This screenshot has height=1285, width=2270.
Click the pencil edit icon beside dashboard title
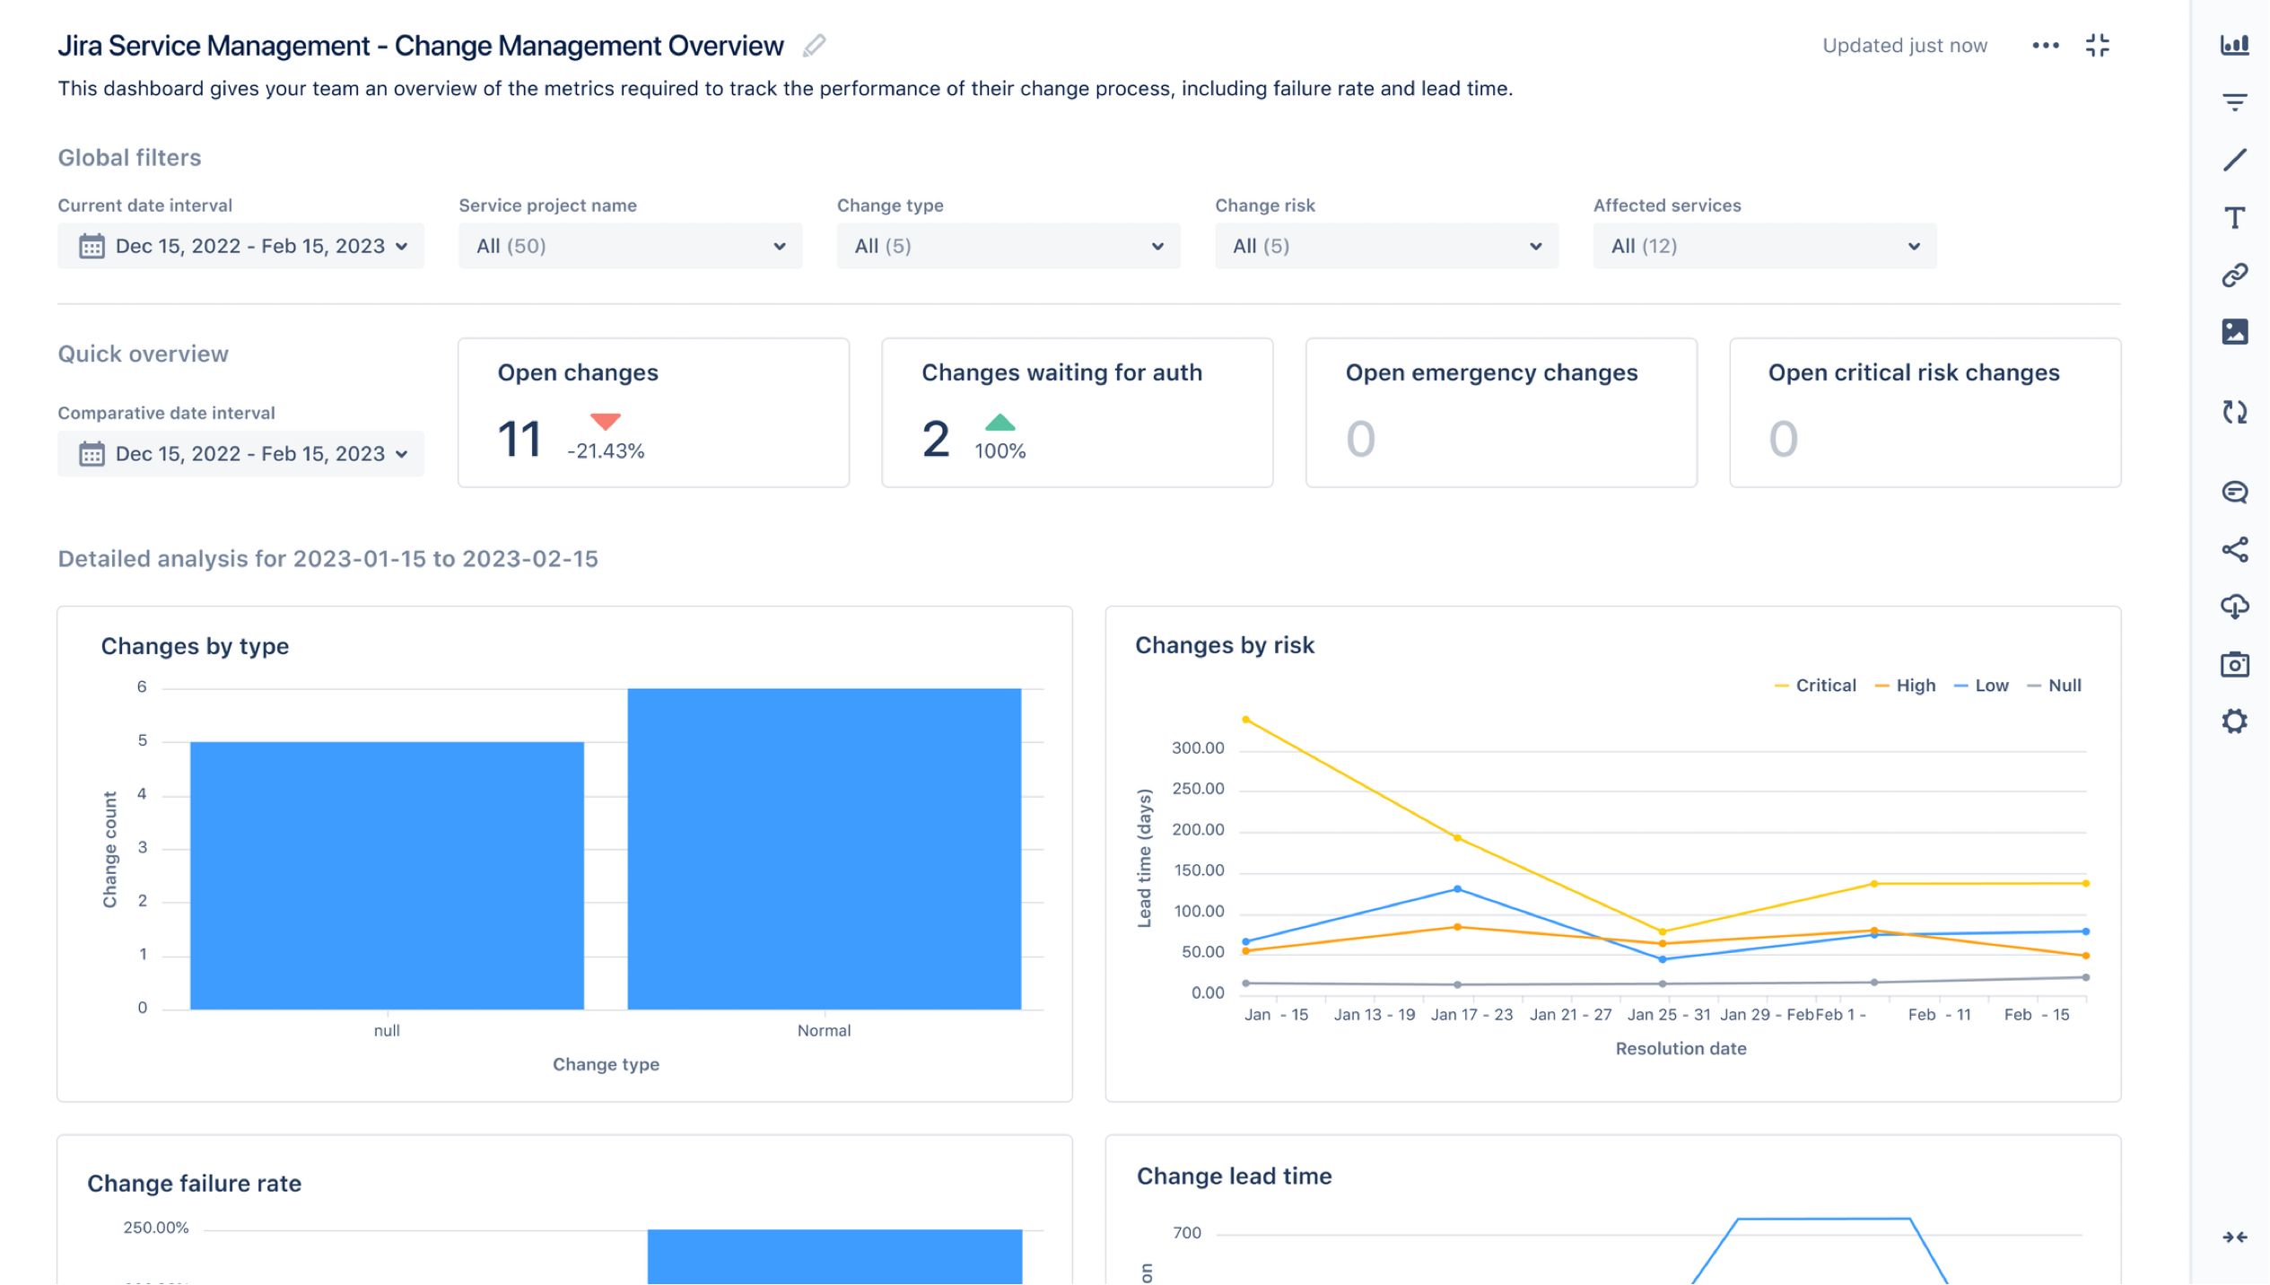click(814, 46)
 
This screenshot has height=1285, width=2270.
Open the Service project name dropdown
click(630, 246)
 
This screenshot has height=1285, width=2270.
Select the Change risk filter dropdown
click(1385, 246)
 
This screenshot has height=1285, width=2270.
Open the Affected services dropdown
click(1763, 246)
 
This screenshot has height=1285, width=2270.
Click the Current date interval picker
click(240, 246)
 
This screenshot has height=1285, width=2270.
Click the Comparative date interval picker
click(240, 454)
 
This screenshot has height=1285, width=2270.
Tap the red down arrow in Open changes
click(606, 421)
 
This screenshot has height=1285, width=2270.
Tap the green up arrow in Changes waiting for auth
click(1000, 423)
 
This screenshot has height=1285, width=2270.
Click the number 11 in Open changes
click(519, 440)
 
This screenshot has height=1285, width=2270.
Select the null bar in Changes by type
click(387, 875)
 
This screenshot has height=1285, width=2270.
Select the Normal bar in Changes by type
click(824, 848)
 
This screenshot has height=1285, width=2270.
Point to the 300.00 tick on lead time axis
click(1197, 748)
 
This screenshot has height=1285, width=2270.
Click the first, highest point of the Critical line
click(1245, 720)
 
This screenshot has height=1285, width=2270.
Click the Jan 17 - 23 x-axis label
click(1471, 1015)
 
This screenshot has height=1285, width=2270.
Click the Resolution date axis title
click(1681, 1048)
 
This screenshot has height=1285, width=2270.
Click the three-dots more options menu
click(2045, 46)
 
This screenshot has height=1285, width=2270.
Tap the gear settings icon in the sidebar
click(2234, 721)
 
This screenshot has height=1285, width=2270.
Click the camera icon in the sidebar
click(2234, 665)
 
